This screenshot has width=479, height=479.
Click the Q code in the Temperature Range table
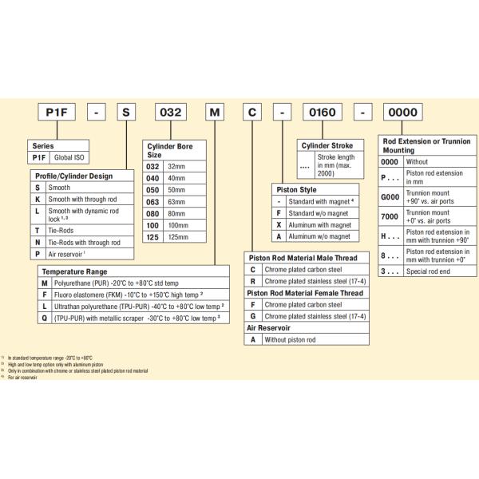pyautogui.click(x=45, y=317)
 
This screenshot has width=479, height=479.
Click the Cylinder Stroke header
pyautogui.click(x=328, y=146)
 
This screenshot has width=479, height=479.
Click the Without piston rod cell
pyautogui.click(x=295, y=339)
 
